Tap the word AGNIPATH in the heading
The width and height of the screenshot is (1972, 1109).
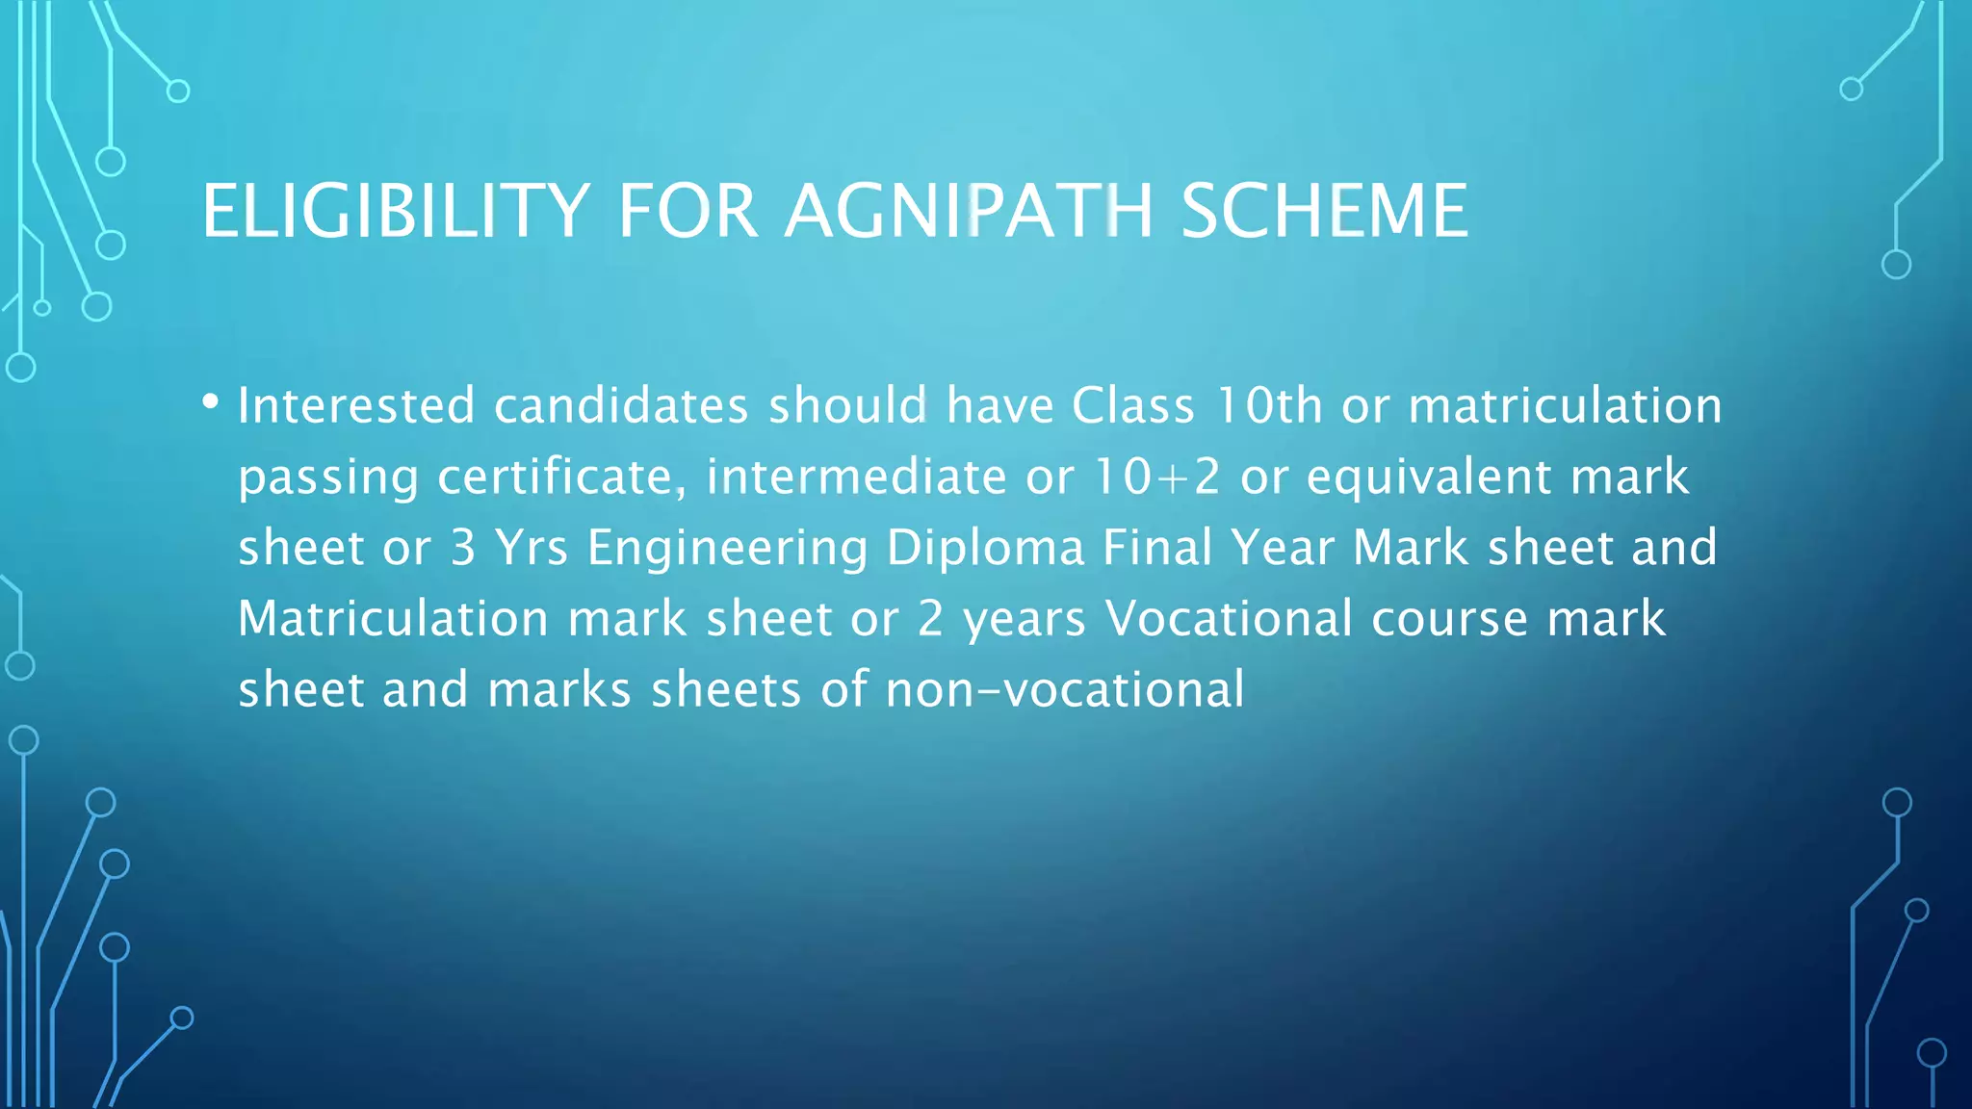coord(969,211)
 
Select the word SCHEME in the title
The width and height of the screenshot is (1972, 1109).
coord(1324,211)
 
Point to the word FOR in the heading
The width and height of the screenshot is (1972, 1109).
coord(688,211)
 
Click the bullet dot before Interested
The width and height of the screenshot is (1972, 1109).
coord(211,402)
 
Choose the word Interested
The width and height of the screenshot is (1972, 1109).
coord(356,405)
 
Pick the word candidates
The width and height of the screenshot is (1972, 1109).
coord(621,405)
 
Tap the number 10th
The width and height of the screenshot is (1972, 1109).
coord(1268,405)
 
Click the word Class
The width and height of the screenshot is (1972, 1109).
coord(1133,405)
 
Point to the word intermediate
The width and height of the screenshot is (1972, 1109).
coord(856,477)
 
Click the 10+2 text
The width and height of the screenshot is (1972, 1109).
coord(1157,477)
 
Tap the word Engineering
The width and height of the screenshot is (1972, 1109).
coord(727,549)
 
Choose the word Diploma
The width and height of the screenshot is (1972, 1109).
coord(985,549)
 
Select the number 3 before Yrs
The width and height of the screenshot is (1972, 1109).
coord(464,548)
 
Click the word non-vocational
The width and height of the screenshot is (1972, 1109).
coord(1064,690)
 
